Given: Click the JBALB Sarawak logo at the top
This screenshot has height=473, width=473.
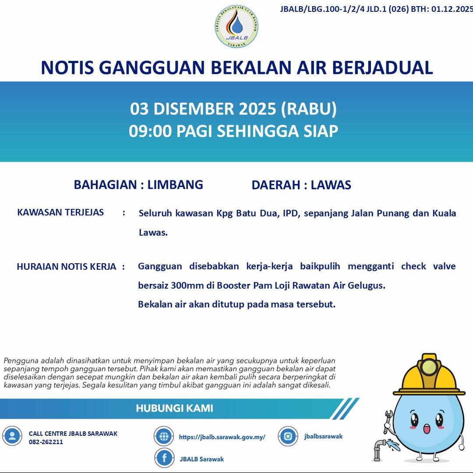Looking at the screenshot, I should pyautogui.click(x=236, y=26).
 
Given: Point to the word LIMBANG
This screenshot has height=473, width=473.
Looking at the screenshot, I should pyautogui.click(x=175, y=185).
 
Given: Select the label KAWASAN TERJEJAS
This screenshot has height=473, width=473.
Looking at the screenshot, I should pyautogui.click(x=60, y=212).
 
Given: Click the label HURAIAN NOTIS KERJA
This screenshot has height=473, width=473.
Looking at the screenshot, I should pyautogui.click(x=67, y=267).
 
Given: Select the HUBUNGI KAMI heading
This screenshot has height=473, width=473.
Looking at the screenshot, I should pyautogui.click(x=174, y=409).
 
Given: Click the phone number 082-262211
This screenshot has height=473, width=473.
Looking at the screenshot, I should pyautogui.click(x=46, y=442).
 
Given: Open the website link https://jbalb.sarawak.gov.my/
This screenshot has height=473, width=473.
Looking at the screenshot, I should pyautogui.click(x=222, y=437).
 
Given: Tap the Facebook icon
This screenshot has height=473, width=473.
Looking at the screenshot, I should pyautogui.click(x=164, y=458).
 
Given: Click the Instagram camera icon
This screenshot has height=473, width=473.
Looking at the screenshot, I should pyautogui.click(x=288, y=436).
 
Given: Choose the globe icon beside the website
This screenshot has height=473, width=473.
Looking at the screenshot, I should pyautogui.click(x=164, y=436).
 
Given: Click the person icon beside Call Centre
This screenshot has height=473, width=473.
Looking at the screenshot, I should pyautogui.click(x=12, y=436).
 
